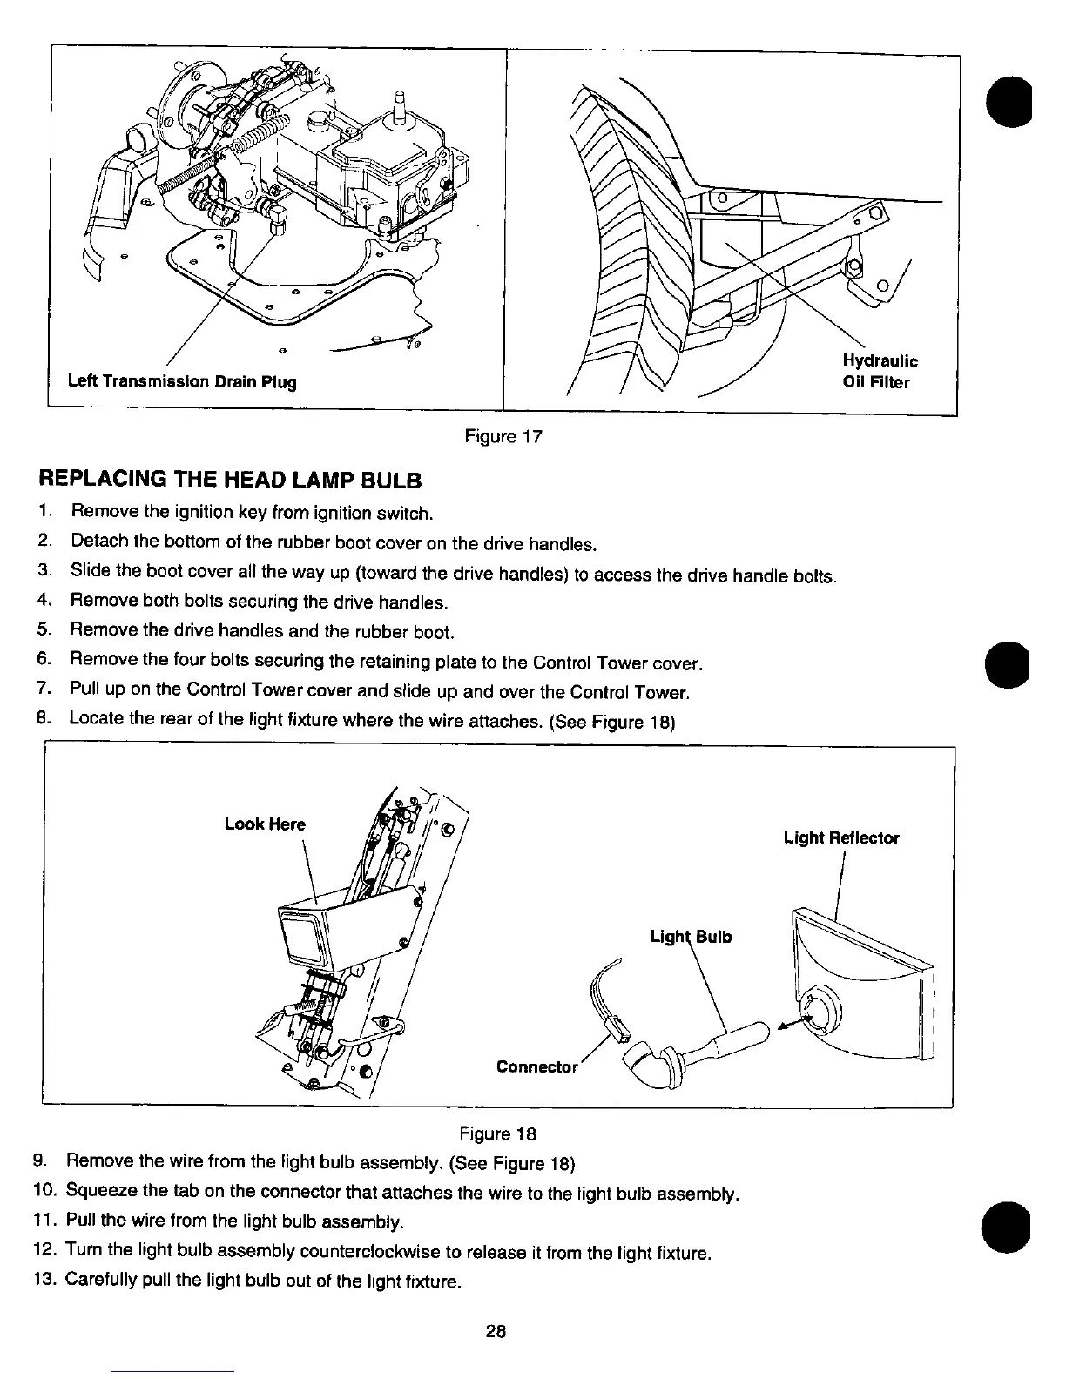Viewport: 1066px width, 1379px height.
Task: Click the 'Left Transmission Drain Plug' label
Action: (x=182, y=381)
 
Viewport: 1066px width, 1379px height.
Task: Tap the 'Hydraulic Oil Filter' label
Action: (x=880, y=372)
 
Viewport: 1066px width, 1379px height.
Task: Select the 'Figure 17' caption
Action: (x=503, y=436)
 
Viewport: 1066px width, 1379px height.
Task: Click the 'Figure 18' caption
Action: (x=498, y=1133)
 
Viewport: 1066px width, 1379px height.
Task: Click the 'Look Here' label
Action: (x=265, y=824)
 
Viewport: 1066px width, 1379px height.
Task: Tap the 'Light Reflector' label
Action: (x=841, y=837)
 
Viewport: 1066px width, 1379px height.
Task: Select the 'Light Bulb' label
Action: (x=692, y=937)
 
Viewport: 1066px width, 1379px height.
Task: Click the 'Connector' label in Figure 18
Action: (x=536, y=1066)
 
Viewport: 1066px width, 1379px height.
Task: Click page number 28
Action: (x=496, y=1331)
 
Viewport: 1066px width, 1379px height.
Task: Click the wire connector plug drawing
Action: (x=620, y=1033)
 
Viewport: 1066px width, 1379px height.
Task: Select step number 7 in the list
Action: (x=43, y=692)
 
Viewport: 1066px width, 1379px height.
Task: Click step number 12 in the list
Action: (x=44, y=1253)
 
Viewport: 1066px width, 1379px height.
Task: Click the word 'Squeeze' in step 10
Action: (x=100, y=1192)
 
